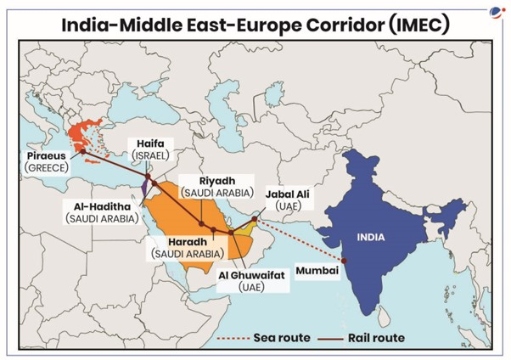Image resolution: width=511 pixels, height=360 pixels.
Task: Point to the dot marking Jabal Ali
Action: (x=255, y=222)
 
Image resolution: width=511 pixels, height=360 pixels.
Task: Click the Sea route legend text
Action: (x=283, y=337)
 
